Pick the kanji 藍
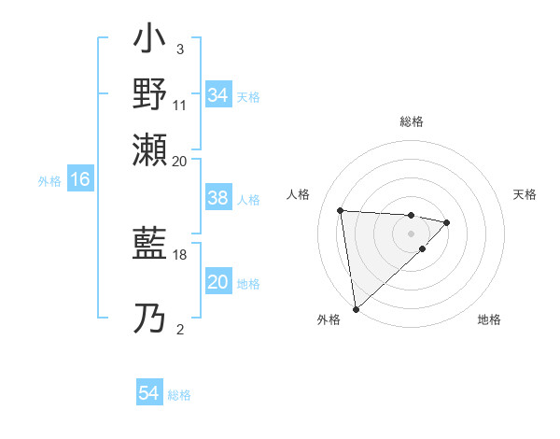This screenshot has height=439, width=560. (150, 246)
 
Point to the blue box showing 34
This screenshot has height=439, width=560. (218, 95)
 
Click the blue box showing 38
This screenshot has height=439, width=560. (218, 198)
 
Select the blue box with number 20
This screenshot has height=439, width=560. (218, 283)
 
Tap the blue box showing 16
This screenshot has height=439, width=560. (79, 180)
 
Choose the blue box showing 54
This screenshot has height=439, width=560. (149, 394)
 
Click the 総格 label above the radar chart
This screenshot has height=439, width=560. (412, 121)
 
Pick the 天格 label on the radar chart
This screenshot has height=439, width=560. (525, 194)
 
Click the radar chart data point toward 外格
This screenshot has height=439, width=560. (355, 308)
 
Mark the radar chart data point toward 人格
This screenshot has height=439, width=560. (341, 209)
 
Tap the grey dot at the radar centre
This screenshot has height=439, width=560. (411, 233)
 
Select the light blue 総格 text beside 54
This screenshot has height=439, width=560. (180, 395)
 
